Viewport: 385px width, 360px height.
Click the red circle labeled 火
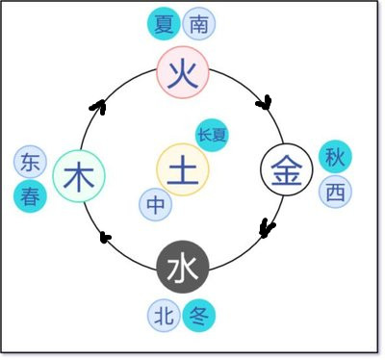[183, 74]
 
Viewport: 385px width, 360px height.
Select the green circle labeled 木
[79, 176]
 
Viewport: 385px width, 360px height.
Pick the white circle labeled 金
[287, 173]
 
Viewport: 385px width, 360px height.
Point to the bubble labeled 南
[198, 24]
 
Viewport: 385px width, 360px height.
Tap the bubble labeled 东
[31, 162]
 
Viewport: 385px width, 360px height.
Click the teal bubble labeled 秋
[334, 155]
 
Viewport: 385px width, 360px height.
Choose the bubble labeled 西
[334, 192]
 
